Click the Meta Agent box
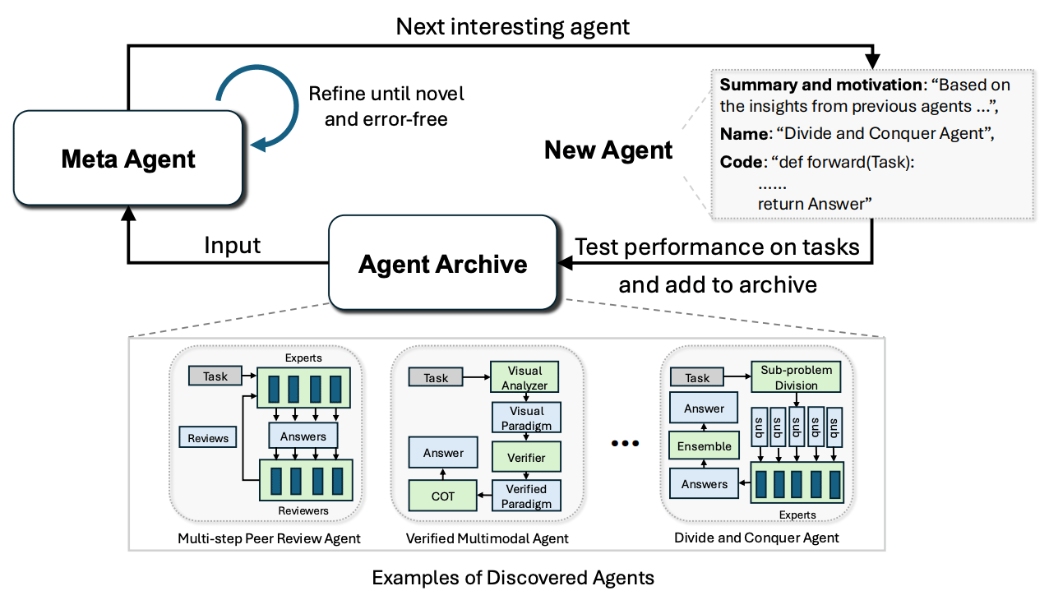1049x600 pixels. (128, 158)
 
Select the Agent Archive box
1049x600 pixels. (443, 264)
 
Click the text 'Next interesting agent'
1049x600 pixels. (513, 26)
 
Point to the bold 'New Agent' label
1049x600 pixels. (608, 150)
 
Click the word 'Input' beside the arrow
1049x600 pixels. (232, 245)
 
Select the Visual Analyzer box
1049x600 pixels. (525, 377)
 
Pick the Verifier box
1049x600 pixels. (525, 457)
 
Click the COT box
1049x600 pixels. (443, 496)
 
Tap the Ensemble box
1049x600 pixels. (704, 446)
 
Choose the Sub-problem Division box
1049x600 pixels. (796, 377)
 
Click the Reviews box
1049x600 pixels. (208, 437)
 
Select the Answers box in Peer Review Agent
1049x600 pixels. (303, 436)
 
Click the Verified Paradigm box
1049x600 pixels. (525, 496)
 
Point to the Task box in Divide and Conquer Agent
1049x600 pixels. (697, 377)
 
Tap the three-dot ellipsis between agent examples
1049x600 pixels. (625, 444)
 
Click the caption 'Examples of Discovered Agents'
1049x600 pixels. (513, 577)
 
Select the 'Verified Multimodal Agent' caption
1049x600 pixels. (488, 538)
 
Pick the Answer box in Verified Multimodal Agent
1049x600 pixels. (443, 452)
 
